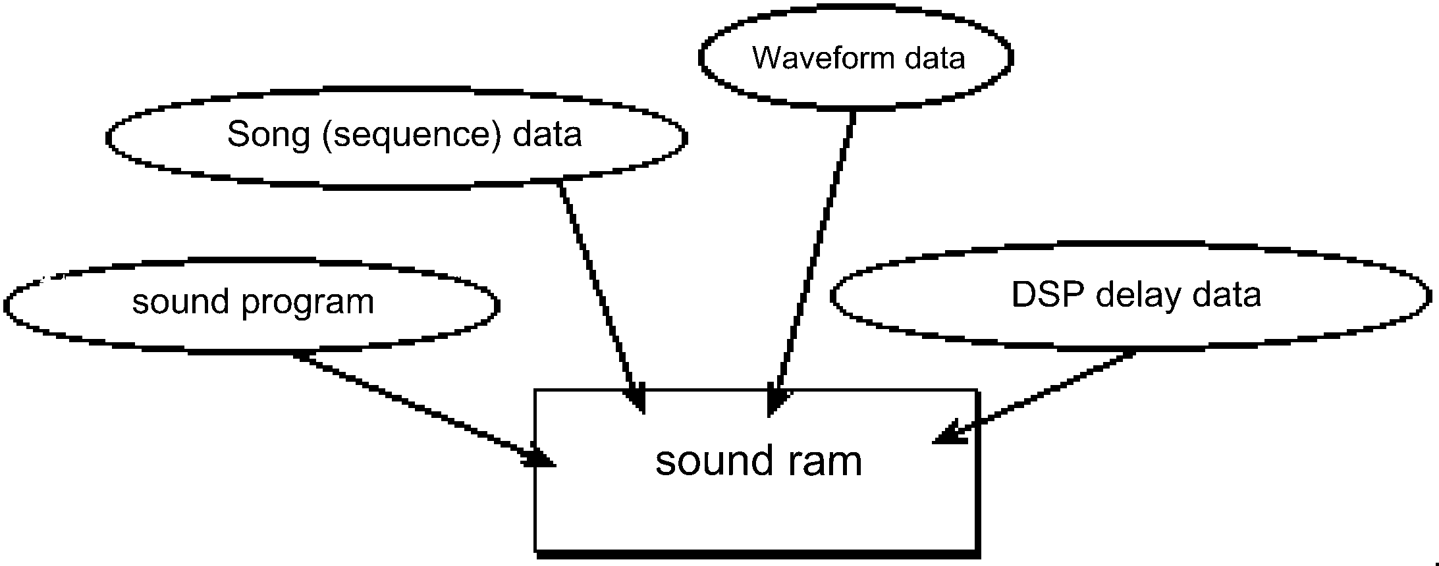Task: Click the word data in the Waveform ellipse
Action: click(935, 58)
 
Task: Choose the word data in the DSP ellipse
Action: click(1229, 295)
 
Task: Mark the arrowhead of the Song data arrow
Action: click(638, 401)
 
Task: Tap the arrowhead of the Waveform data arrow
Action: click(776, 403)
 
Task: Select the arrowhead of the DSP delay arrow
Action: click(948, 434)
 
